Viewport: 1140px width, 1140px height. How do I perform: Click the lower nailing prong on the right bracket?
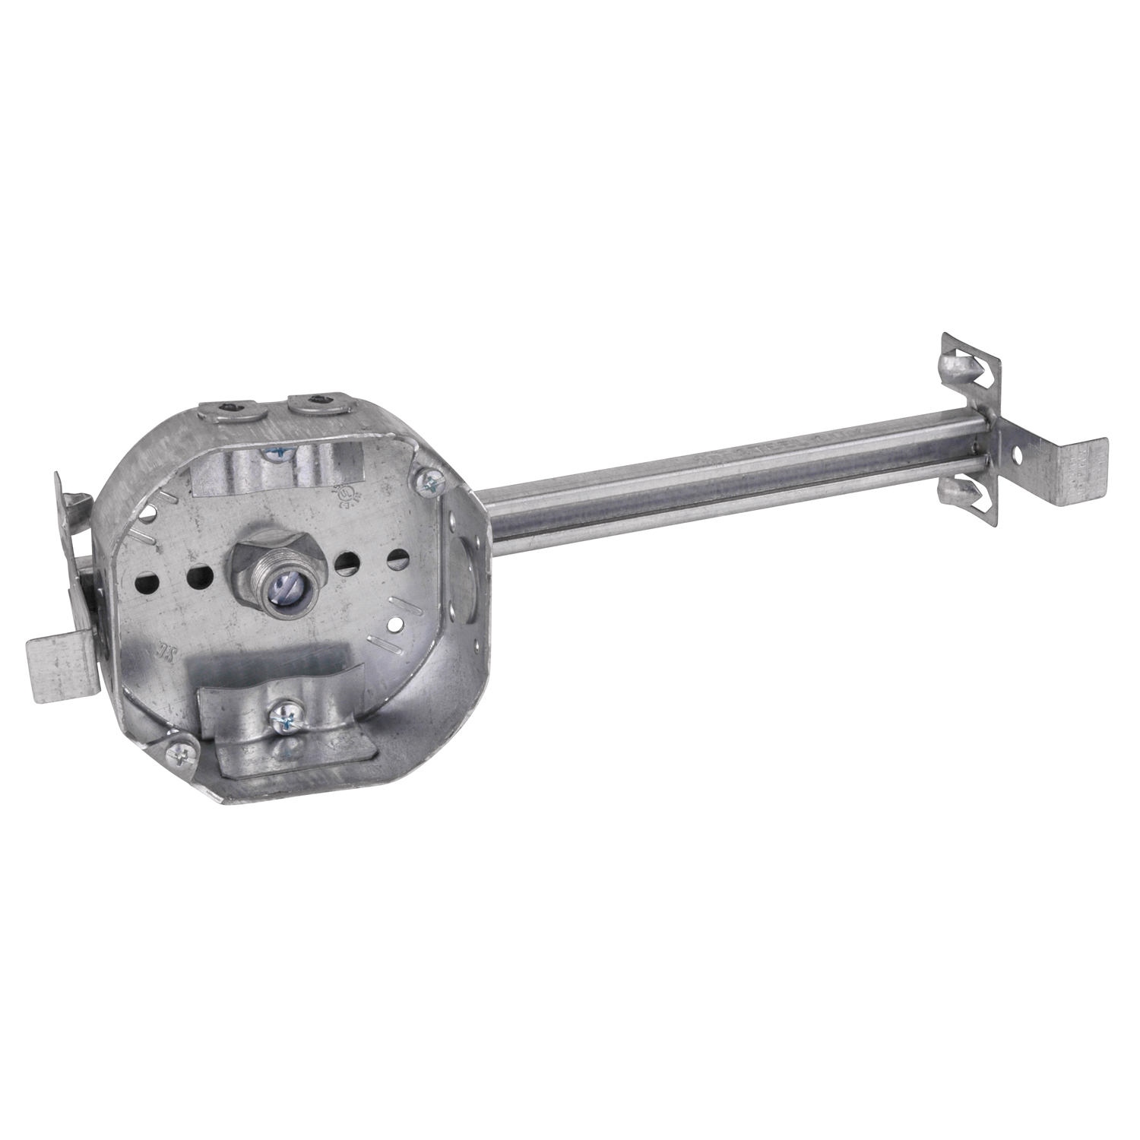point(954,495)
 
